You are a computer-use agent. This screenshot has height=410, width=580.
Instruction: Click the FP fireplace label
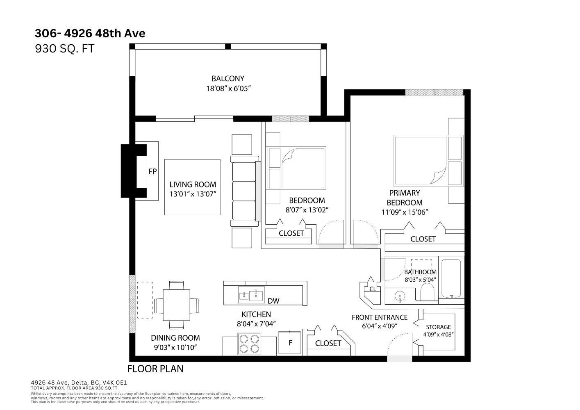152,171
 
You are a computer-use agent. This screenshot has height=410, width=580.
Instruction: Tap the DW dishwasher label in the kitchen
273,301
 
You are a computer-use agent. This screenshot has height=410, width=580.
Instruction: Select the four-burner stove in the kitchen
249,344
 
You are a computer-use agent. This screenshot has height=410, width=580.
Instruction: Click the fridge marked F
290,343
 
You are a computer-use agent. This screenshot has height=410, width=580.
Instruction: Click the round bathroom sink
400,296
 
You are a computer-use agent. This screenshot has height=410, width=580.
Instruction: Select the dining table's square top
176,305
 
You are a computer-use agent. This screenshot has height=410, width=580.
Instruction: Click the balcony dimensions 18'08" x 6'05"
228,89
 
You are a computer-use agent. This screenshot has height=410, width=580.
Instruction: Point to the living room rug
192,187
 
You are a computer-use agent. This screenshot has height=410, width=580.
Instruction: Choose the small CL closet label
373,289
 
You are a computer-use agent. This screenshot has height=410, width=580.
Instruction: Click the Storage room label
438,327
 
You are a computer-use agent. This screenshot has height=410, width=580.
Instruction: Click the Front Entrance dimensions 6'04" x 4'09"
380,326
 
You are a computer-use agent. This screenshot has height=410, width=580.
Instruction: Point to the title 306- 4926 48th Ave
90,33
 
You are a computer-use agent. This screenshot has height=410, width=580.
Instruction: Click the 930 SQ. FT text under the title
65,49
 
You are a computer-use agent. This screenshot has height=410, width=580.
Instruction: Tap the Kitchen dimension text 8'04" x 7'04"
256,324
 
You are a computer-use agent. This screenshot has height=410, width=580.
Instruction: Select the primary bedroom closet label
423,239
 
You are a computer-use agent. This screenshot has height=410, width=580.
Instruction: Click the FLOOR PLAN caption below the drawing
155,369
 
